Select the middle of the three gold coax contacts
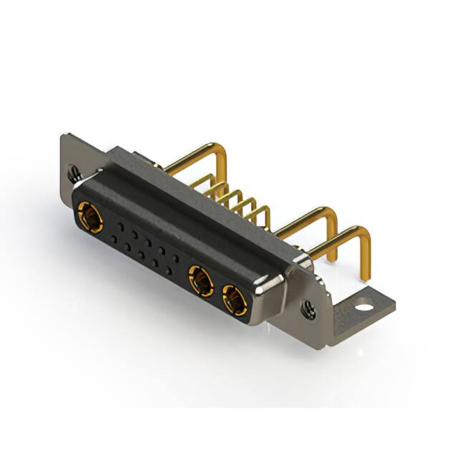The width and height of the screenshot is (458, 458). [x=201, y=280]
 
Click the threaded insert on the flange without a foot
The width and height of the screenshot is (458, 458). [x=74, y=172]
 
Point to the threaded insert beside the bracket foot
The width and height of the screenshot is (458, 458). [x=308, y=309]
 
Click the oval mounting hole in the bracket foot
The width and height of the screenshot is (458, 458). [x=365, y=308]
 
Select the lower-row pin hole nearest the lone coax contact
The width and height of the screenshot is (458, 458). [x=113, y=238]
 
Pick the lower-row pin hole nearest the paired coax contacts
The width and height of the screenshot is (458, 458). [x=169, y=271]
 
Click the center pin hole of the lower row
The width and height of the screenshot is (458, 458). [x=141, y=255]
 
